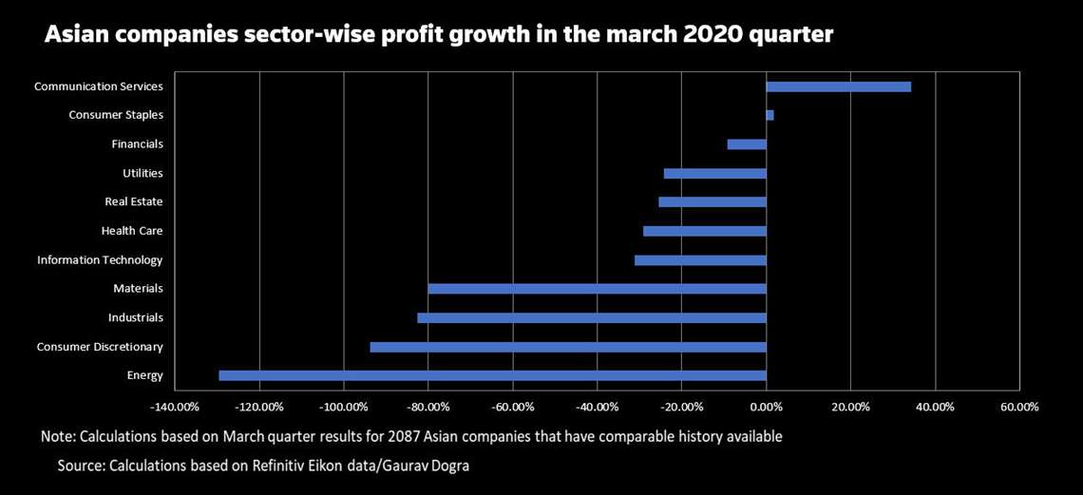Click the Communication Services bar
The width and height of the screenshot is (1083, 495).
click(x=838, y=86)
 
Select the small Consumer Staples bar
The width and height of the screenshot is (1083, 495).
click(x=770, y=115)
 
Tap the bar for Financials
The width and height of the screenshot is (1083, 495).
click(x=747, y=144)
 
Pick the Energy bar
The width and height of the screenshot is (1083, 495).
click(x=492, y=375)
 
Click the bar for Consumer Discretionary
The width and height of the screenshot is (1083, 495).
click(x=568, y=347)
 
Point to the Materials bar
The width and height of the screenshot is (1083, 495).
click(x=597, y=289)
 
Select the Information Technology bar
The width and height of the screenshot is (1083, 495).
click(x=700, y=260)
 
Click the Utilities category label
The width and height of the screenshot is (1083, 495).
click(x=142, y=173)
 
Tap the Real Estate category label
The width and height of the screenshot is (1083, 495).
click(x=133, y=201)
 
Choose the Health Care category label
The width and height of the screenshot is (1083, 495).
click(x=132, y=231)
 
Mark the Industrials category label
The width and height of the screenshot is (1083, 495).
click(x=135, y=317)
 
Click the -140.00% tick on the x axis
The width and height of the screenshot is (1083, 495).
click(x=175, y=407)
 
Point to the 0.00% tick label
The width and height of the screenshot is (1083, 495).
click(x=766, y=407)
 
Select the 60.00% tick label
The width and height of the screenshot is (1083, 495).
click(x=1019, y=407)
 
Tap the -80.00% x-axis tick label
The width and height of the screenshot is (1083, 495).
click(x=428, y=407)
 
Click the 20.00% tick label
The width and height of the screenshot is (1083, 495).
click(x=850, y=407)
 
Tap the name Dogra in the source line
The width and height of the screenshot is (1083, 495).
click(x=447, y=466)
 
